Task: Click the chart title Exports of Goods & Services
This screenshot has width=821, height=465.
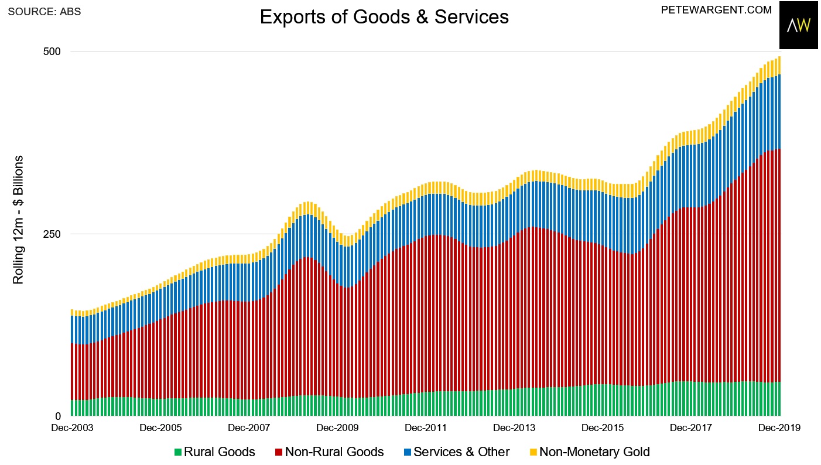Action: point(384,17)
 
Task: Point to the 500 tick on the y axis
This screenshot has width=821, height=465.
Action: point(53,52)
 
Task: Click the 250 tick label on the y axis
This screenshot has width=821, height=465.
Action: point(53,234)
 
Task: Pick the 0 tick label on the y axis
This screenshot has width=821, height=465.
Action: point(58,416)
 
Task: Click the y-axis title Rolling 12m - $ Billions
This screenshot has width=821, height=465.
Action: point(19,220)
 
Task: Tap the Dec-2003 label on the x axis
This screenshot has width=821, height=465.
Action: point(71,428)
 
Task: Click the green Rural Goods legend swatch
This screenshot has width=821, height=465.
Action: point(177,452)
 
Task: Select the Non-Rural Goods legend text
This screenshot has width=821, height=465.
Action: point(334,452)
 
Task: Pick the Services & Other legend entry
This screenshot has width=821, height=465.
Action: point(461,452)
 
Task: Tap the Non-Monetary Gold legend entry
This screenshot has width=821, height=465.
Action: point(594,452)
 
